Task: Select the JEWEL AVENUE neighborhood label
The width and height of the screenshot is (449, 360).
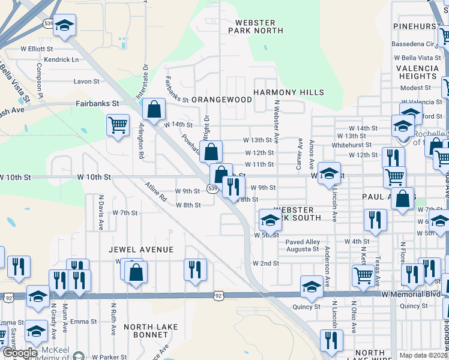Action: (x=141, y=249)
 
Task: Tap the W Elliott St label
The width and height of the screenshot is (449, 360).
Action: (x=35, y=48)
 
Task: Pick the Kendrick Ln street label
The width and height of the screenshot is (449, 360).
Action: (x=61, y=60)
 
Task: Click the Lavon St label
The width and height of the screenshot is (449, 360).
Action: (x=86, y=81)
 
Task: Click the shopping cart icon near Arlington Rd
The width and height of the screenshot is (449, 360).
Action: (x=118, y=125)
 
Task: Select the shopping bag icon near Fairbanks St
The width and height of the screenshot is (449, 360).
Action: (x=154, y=109)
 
